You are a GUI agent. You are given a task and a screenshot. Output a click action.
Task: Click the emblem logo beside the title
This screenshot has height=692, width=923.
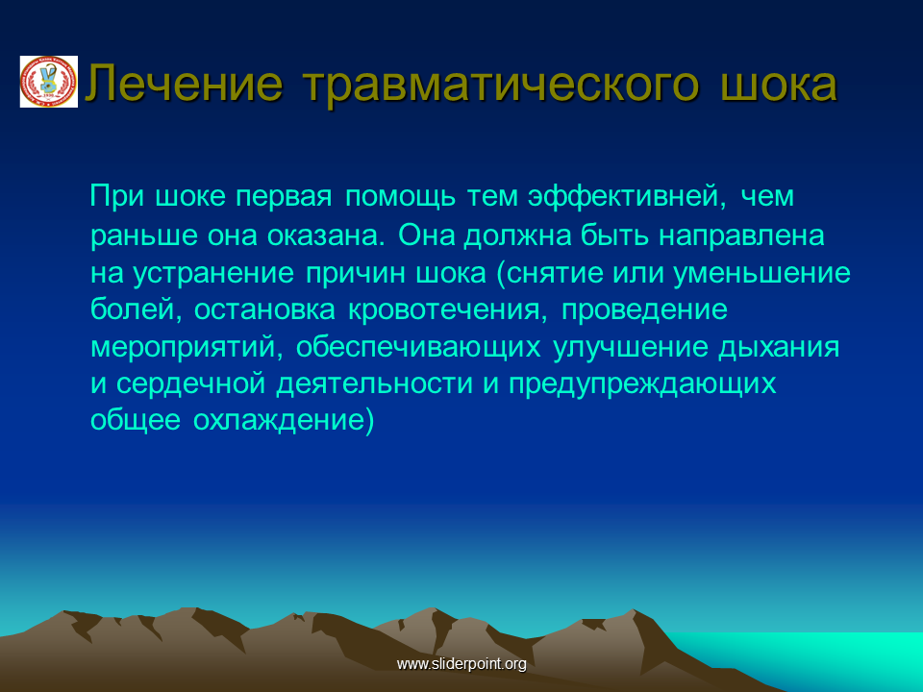(x=49, y=82)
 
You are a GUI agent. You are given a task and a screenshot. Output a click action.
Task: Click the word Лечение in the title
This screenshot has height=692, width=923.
(x=185, y=84)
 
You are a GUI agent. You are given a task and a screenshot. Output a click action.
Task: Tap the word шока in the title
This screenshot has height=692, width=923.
(x=778, y=85)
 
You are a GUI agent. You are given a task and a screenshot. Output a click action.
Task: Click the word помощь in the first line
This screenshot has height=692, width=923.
(x=400, y=196)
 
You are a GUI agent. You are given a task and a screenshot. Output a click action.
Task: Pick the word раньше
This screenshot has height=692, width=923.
(x=144, y=235)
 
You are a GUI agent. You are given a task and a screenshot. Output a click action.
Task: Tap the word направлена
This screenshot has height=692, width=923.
(x=741, y=235)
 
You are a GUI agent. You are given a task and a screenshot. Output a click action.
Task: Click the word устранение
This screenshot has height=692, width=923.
(x=213, y=273)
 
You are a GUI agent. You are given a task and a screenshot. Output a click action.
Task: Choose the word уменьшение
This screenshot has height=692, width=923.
(x=761, y=273)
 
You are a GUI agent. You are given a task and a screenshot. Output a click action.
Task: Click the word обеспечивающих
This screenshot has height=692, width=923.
(x=418, y=347)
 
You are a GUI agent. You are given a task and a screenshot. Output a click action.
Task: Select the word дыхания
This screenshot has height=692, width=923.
(x=778, y=347)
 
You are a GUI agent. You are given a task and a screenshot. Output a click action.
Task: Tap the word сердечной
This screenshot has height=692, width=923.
(x=190, y=384)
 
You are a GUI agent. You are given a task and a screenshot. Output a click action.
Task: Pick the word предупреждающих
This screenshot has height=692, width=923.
(x=642, y=384)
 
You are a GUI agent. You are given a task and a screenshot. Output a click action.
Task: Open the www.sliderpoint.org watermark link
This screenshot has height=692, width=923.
(x=461, y=664)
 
